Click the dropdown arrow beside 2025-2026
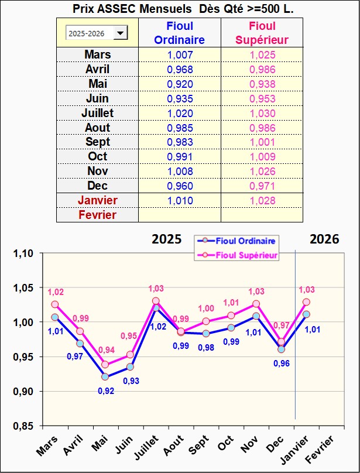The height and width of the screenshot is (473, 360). point(121,33)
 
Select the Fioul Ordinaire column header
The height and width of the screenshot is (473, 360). point(180,33)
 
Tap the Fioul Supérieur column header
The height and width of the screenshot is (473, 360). point(262,33)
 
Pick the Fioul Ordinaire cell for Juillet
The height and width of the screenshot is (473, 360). point(180,113)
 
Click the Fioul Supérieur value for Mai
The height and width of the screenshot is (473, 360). point(262,84)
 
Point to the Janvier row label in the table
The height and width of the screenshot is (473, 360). point(97,200)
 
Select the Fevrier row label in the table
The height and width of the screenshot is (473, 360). point(97,215)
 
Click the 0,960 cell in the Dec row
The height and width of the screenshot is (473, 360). point(180,186)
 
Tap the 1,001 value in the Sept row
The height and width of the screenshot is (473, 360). point(262,142)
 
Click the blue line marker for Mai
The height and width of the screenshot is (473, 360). point(105,377)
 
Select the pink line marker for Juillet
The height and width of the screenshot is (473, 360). point(156,301)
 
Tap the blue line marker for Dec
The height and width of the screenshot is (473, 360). point(281,349)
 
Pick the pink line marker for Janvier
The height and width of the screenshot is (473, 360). point(306,302)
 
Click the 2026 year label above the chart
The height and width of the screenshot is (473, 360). point(324,239)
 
